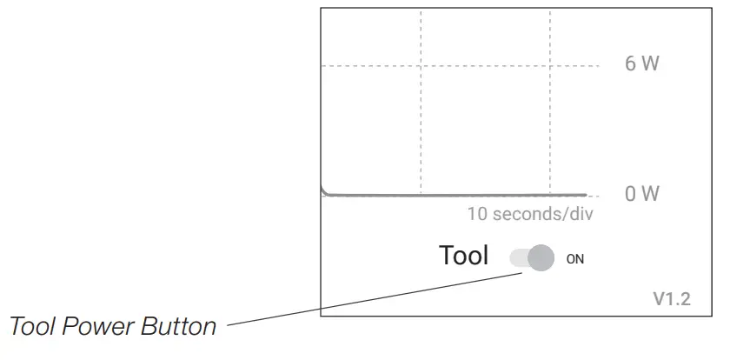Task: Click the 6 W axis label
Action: [x=642, y=65]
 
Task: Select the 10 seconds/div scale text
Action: [x=530, y=214]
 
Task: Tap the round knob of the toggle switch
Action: [x=541, y=257]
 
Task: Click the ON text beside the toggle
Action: [x=575, y=258]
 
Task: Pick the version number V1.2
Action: [x=672, y=300]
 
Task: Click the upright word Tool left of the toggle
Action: [x=464, y=257]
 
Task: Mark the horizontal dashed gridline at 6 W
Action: [x=365, y=66]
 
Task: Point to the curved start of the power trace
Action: [x=322, y=189]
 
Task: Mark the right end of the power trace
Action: [x=585, y=195]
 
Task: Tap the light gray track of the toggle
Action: [x=519, y=257]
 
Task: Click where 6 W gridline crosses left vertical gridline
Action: [x=421, y=66]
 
